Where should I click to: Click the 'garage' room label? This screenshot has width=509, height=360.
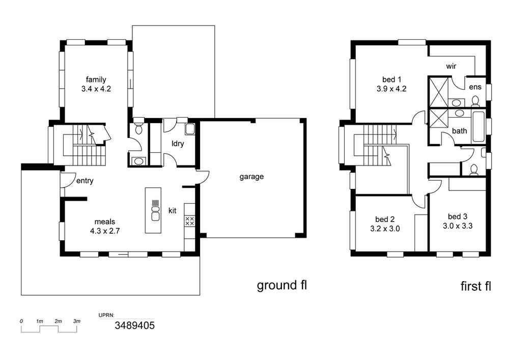(x=251, y=177)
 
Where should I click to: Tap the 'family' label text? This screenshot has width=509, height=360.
(x=96, y=79)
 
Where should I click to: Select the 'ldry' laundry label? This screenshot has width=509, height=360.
(x=178, y=144)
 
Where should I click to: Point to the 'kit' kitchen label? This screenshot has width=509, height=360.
(x=173, y=211)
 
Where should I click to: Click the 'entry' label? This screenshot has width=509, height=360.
(x=84, y=181)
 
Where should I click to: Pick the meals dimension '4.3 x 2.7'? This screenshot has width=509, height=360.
(x=105, y=231)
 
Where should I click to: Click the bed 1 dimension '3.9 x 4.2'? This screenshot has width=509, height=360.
(x=391, y=89)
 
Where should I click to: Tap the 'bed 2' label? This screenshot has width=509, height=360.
(x=385, y=219)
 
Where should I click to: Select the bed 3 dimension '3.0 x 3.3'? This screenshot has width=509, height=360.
(x=458, y=226)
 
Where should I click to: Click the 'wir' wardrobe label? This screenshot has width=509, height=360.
(x=451, y=67)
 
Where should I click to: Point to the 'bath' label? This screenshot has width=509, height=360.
(x=459, y=131)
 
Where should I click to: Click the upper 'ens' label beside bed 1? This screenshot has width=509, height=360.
(x=475, y=87)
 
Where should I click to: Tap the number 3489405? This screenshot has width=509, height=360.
(x=135, y=325)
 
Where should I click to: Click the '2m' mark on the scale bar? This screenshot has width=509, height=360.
(x=59, y=321)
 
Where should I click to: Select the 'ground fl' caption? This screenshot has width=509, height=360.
(x=282, y=286)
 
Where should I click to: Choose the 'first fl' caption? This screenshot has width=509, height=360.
(x=475, y=286)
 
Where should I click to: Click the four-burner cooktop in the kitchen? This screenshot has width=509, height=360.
(x=189, y=221)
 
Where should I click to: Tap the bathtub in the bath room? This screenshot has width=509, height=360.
(x=478, y=127)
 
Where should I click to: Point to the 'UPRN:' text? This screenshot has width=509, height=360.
(x=106, y=315)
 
